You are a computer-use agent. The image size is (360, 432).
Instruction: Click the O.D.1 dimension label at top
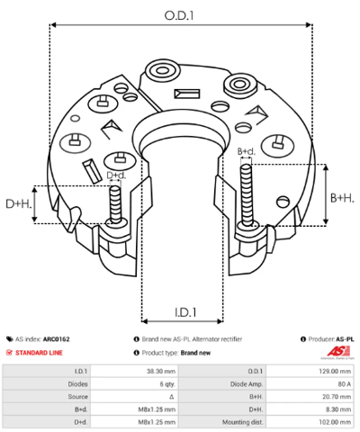179,15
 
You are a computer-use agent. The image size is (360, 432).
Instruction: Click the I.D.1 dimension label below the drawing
185,312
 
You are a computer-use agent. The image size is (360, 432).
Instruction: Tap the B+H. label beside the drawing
342,198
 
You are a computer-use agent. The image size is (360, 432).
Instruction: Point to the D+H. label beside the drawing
19,204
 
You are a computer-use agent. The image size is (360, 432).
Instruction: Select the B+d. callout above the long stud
247,151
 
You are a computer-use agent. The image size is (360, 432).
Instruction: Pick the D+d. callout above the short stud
116,175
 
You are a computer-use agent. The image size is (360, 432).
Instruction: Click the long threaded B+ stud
247,195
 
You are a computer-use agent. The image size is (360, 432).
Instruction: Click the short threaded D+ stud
115,204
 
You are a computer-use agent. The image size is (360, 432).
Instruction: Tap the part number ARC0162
57,339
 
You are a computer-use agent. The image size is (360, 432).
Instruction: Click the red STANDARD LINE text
39,353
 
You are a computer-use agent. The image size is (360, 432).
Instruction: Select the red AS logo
337,352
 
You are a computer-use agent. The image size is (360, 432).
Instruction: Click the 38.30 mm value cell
134,371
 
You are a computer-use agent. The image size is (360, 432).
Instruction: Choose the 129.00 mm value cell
310,371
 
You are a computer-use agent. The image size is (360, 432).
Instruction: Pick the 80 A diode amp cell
310,384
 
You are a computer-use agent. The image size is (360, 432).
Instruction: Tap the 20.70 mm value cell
310,397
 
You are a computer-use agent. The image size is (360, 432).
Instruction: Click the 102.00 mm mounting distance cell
310,422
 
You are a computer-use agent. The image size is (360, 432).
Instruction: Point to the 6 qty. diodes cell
134,384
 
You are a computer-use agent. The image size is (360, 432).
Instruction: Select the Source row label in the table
47,397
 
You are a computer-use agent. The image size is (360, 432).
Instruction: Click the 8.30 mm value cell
310,409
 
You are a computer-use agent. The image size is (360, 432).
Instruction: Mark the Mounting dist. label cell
222,422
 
